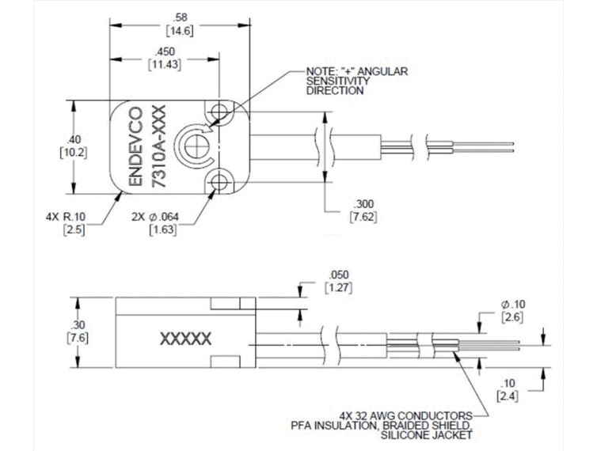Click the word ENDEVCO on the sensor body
click(x=136, y=147)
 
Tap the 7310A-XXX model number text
click(x=159, y=146)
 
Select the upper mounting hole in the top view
click(x=219, y=112)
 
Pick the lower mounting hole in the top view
click(x=219, y=182)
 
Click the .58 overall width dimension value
click(x=180, y=17)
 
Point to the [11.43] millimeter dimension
click(x=165, y=65)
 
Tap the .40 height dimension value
click(x=73, y=139)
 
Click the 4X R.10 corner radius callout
click(x=66, y=218)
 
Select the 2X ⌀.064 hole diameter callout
click(x=155, y=218)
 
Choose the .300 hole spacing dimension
click(x=363, y=203)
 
